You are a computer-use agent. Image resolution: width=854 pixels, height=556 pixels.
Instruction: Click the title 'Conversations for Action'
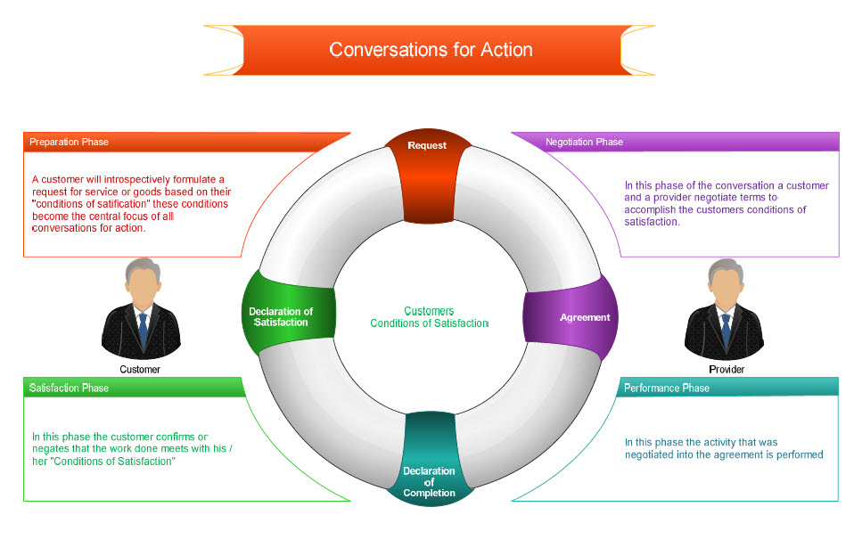pos(431,50)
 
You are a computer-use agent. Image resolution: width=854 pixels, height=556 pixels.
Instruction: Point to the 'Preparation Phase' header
pos(69,142)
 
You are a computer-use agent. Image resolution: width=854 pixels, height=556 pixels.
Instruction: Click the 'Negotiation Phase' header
pos(584,142)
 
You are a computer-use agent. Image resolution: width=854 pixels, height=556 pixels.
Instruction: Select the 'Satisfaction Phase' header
pos(69,388)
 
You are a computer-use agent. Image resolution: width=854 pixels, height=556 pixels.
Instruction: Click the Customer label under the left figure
pos(140,369)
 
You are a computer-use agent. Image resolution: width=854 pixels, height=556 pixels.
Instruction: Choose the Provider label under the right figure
pos(726,369)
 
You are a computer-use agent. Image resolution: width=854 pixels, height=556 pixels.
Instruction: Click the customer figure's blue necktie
pos(143,331)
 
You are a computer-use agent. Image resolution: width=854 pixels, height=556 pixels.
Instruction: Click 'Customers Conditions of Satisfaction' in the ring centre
pos(429,317)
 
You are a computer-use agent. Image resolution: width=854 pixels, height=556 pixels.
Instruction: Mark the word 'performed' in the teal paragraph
pos(799,454)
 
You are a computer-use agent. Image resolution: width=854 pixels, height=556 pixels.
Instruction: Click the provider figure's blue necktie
pos(726,331)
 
